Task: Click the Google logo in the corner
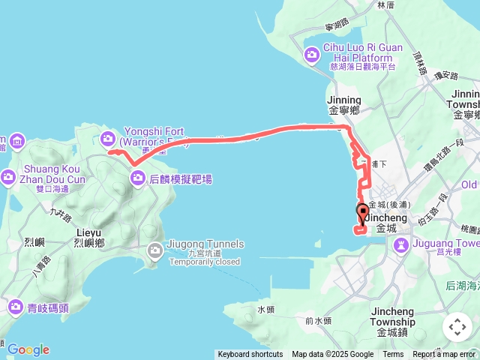pyautogui.click(x=28, y=349)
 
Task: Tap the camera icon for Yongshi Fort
pyautogui.click(x=109, y=138)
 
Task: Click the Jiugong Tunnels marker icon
pyautogui.click(x=155, y=250)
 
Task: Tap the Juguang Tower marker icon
pyautogui.click(x=401, y=244)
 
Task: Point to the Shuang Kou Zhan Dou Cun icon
pyautogui.click(x=8, y=177)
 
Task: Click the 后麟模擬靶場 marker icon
pyautogui.click(x=138, y=178)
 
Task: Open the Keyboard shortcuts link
pyautogui.click(x=250, y=355)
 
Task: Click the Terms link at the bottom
pyautogui.click(x=393, y=355)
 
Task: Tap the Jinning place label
pyautogui.click(x=344, y=100)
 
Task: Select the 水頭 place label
pyautogui.click(x=266, y=309)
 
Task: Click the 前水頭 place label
pyautogui.click(x=319, y=320)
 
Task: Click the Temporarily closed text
pyautogui.click(x=205, y=262)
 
